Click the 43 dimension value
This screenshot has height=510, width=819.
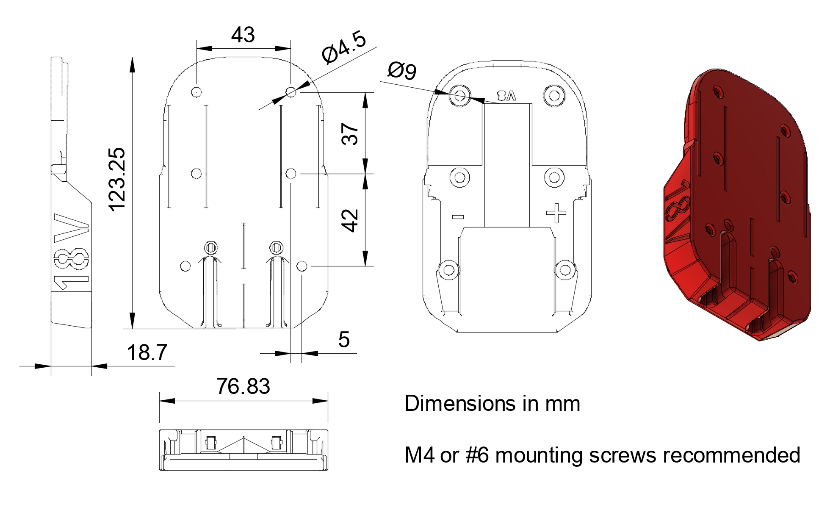click(243, 35)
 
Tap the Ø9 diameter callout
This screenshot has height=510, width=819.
click(402, 70)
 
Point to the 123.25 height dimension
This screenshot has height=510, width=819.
click(117, 179)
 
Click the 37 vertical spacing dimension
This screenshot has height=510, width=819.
click(350, 134)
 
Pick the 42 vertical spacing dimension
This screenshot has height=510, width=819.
click(350, 220)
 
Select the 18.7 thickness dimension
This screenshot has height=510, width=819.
click(147, 352)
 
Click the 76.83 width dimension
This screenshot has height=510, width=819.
click(243, 386)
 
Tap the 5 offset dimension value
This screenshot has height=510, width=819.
click(344, 340)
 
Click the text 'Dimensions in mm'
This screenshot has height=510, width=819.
click(492, 403)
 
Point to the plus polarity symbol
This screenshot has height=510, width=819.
click(556, 213)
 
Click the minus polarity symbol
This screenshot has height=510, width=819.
click(458, 217)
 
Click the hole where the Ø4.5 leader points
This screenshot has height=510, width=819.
click(291, 91)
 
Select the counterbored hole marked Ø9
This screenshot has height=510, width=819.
click(460, 95)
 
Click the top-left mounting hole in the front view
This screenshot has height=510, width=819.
click(196, 91)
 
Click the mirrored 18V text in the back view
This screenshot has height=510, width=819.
click(507, 96)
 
